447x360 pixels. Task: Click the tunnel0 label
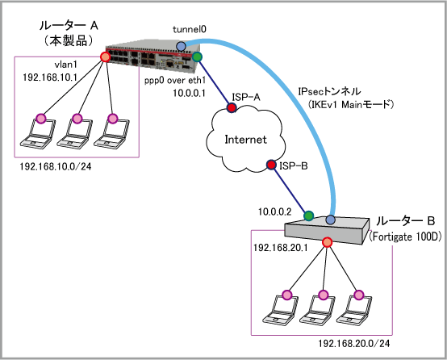point(190,29)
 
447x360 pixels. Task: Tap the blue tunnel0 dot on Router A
point(181,46)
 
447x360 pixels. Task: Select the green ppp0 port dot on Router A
point(197,57)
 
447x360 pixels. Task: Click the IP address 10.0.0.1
point(189,93)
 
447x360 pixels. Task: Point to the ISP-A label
point(246,97)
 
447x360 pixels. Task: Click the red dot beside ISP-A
point(232,107)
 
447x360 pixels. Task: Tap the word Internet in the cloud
point(246,140)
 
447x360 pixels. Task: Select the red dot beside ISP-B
point(271,165)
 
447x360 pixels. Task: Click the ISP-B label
point(294,165)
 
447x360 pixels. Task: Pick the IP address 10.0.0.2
point(275,211)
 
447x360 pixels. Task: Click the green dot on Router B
point(308,216)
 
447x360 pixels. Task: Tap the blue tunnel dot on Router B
point(330,220)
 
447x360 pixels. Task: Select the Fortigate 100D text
point(405,237)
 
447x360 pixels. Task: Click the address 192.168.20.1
point(281,248)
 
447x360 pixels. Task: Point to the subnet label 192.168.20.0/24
point(353,344)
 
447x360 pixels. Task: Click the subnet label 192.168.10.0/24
point(56,166)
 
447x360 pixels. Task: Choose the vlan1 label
point(66,65)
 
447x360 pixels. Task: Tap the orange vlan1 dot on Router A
point(105,57)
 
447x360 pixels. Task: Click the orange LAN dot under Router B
point(328,242)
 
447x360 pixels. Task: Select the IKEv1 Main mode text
point(351,105)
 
